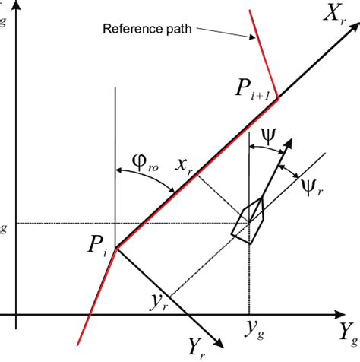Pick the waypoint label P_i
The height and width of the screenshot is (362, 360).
pos(98,245)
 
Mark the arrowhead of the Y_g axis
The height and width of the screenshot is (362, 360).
pos(351,313)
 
